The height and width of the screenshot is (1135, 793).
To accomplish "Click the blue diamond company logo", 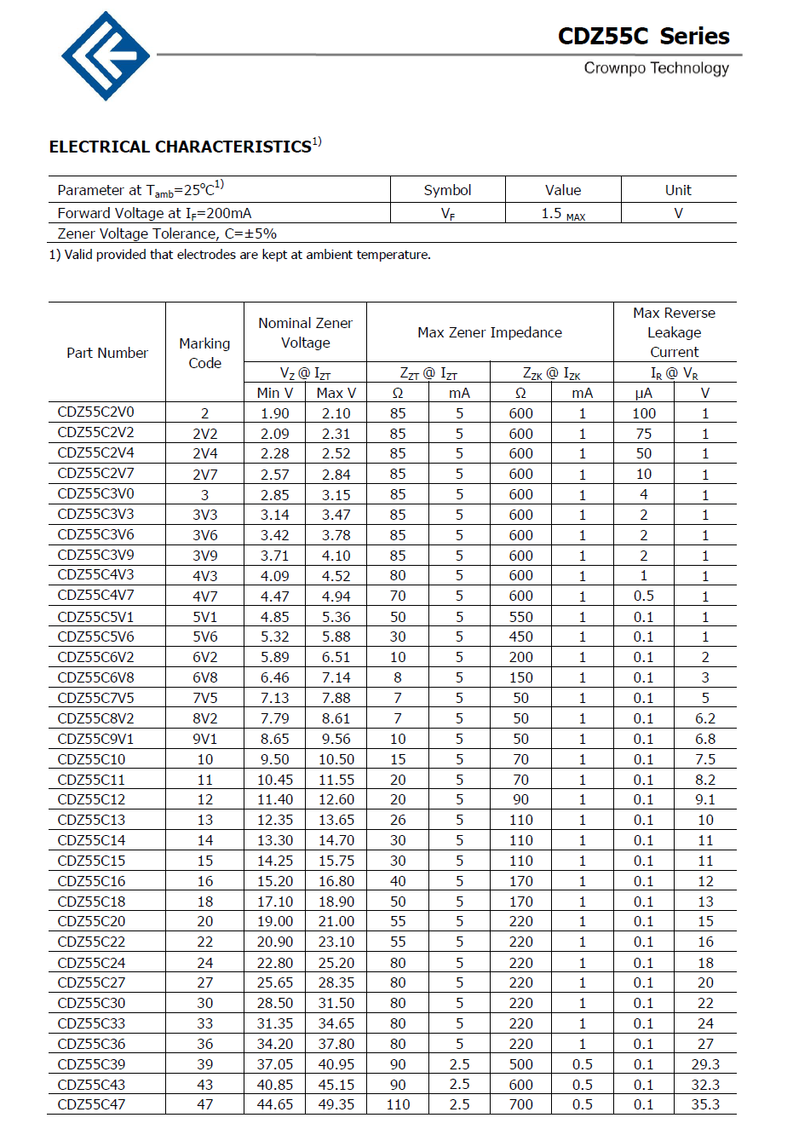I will point(106,56).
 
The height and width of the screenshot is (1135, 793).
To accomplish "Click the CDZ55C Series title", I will point(643,36).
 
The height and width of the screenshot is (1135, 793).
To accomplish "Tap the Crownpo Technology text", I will point(656,68).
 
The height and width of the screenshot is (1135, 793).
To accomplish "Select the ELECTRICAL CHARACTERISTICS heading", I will point(181,147).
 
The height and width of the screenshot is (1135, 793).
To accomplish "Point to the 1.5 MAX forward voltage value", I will point(562,214).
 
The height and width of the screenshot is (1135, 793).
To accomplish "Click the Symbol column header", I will point(447,190).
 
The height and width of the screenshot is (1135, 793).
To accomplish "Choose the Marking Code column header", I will point(204,353).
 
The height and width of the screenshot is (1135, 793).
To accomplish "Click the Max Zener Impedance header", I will point(490,332).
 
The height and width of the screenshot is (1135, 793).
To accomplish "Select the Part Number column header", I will point(107,353).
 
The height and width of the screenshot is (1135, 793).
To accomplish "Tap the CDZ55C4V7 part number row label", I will point(95,596).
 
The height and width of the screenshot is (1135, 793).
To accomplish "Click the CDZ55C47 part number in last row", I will point(91,1104).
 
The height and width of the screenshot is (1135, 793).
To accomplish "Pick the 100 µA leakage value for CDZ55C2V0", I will point(644,413).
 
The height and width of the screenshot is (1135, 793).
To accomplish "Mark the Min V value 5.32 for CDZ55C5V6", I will point(274,637).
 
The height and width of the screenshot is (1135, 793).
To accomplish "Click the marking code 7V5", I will point(204,698).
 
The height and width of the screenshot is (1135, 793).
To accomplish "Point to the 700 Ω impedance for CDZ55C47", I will point(520,1104).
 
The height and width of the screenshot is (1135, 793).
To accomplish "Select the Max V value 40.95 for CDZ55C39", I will point(336,1064).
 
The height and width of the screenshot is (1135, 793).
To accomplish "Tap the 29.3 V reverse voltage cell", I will point(705,1064).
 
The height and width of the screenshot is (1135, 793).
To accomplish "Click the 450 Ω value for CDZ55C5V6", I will point(520,637).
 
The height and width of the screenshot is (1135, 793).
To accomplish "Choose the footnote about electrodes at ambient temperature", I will point(240,255).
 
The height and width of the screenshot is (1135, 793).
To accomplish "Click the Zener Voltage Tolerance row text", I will point(167,233).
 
